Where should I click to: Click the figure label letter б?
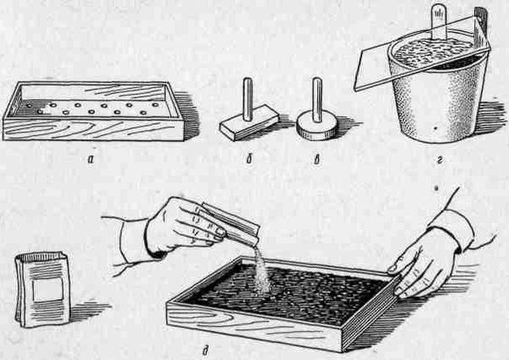[249, 160]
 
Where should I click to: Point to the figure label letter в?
[316, 160]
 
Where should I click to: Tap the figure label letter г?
[439, 160]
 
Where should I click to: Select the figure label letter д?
[204, 351]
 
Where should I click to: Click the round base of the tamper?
[316, 125]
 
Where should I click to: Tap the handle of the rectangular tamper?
[248, 98]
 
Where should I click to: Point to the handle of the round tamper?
[317, 100]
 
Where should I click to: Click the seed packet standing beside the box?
[42, 290]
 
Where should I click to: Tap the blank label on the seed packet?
[48, 290]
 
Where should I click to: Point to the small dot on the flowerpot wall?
[435, 129]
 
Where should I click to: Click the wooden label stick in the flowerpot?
[439, 24]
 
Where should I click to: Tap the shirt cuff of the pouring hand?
[132, 238]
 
